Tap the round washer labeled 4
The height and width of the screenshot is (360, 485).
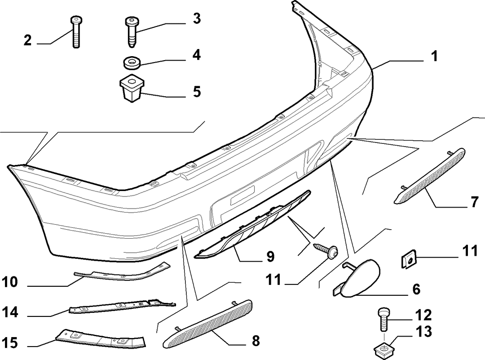(132, 63)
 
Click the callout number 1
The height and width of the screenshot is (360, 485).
(435, 56)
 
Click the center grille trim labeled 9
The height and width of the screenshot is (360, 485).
(252, 224)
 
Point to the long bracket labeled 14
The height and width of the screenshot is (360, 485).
(122, 306)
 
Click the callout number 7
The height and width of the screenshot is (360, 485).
(475, 202)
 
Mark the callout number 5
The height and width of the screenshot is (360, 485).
(197, 92)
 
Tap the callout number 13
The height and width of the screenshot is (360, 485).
(424, 332)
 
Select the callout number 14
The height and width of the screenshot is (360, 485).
(10, 312)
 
